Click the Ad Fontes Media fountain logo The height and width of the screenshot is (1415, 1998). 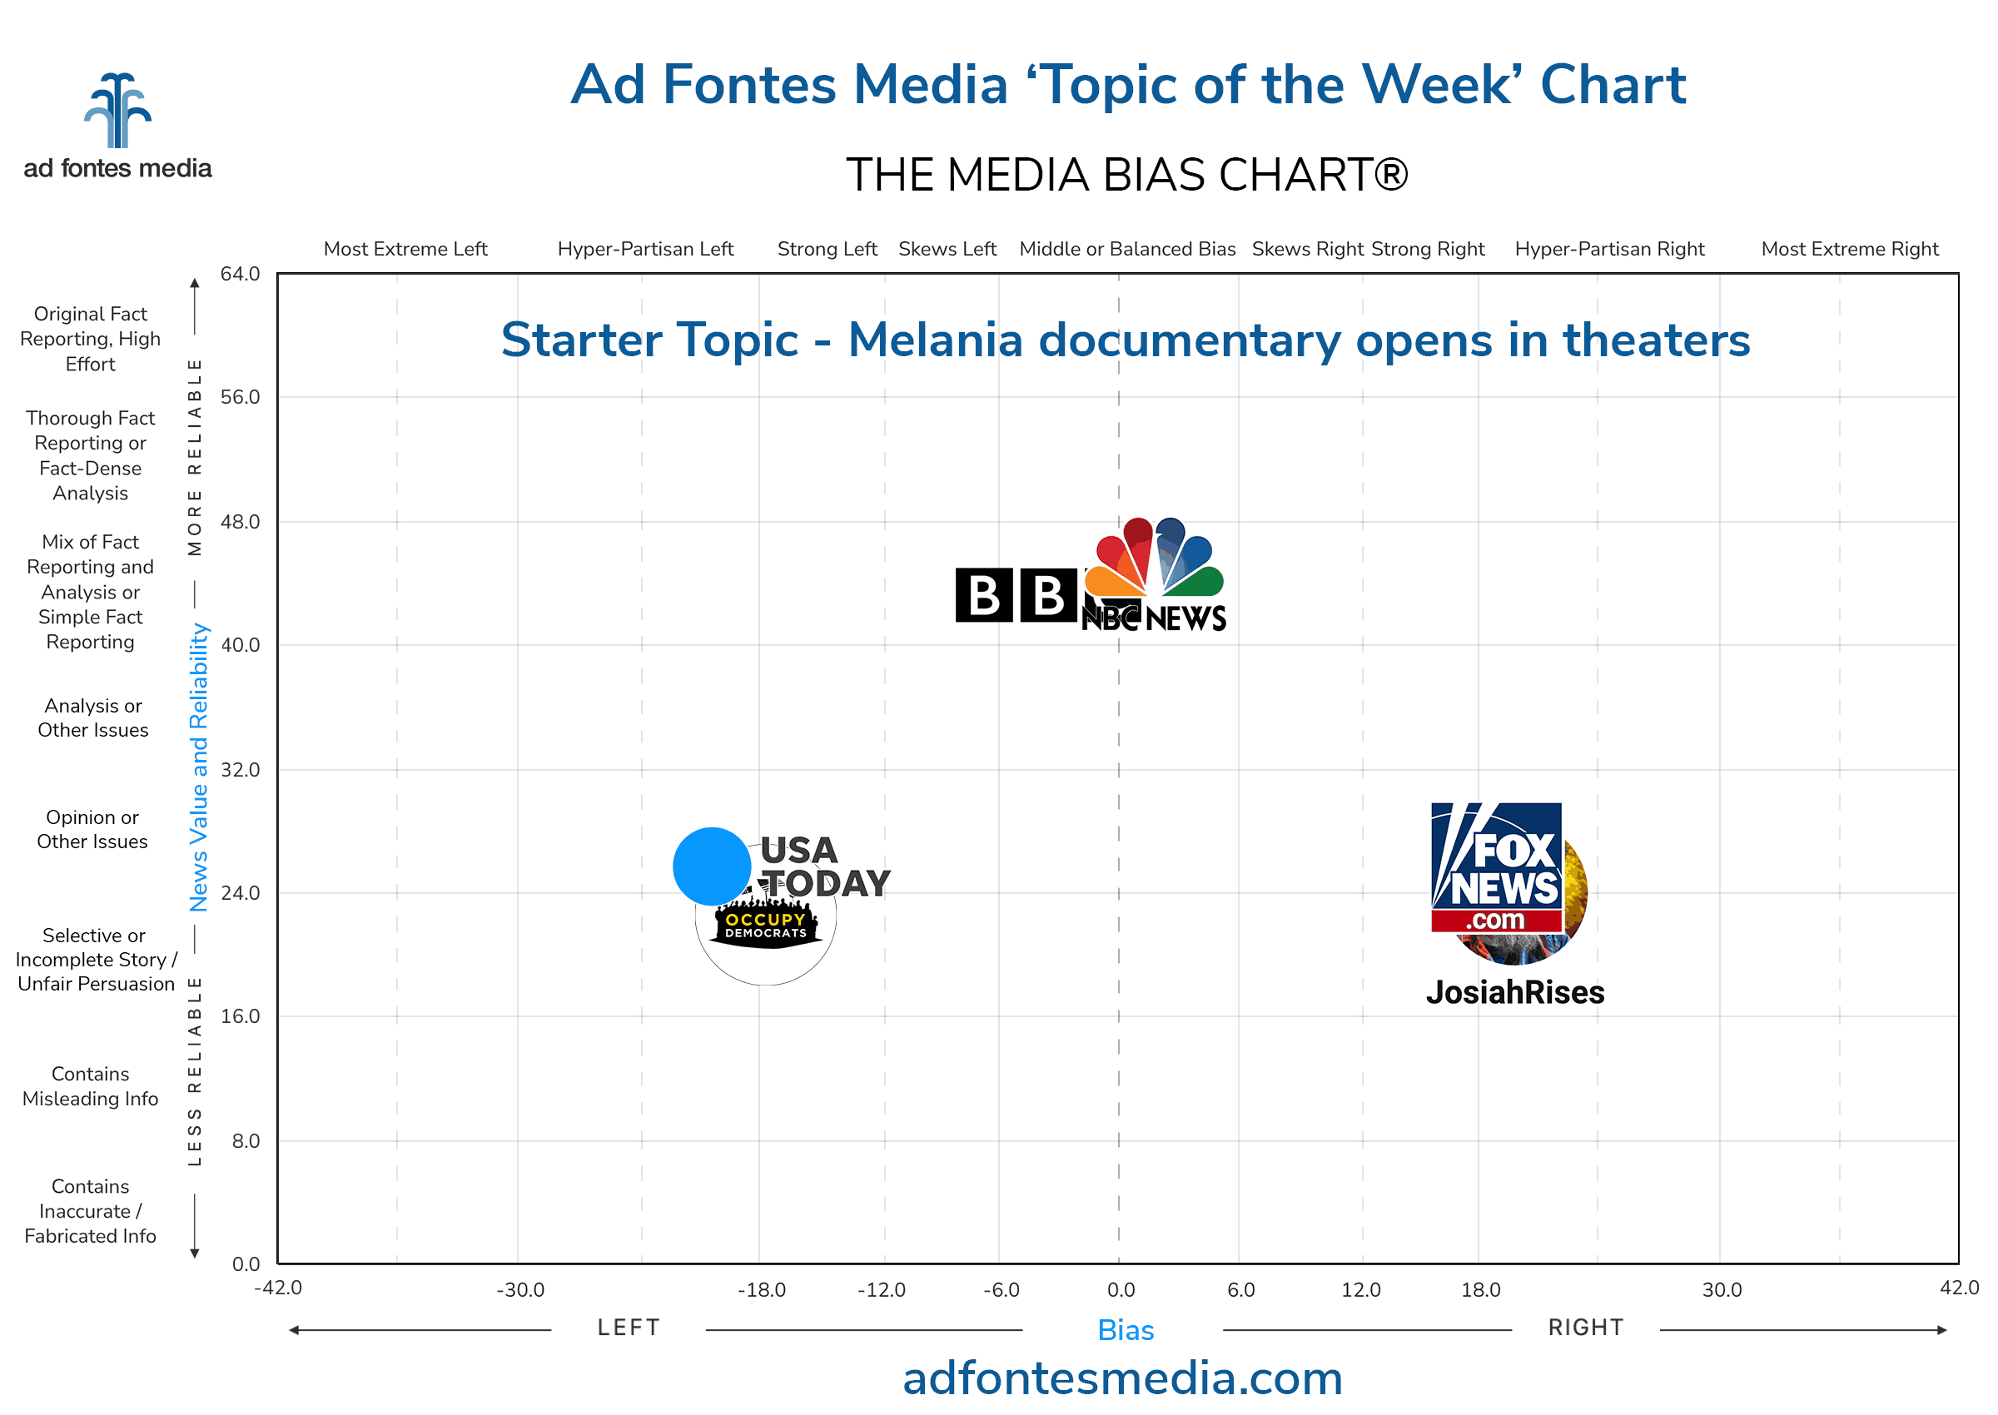click(117, 111)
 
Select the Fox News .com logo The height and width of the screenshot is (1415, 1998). click(1496, 868)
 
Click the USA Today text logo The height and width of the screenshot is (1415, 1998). click(823, 867)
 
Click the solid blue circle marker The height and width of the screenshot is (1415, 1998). click(712, 867)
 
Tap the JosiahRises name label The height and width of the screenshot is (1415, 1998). click(1515, 992)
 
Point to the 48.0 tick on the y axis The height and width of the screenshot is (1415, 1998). click(241, 522)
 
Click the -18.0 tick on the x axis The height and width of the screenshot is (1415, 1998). click(762, 1290)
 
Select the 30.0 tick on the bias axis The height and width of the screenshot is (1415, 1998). click(1722, 1290)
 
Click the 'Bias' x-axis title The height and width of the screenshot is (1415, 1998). click(1126, 1330)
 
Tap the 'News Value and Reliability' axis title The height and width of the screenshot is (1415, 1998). click(200, 767)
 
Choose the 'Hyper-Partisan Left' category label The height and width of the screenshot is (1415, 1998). click(646, 249)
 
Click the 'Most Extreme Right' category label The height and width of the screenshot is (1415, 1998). click(1850, 249)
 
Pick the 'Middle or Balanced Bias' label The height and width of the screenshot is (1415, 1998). click(1127, 249)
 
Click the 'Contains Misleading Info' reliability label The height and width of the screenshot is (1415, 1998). click(91, 1086)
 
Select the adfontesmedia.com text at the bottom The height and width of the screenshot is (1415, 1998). click(1122, 1379)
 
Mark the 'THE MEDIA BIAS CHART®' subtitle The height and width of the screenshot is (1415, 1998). click(1126, 175)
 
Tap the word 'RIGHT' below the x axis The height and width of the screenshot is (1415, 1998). click(1586, 1328)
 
